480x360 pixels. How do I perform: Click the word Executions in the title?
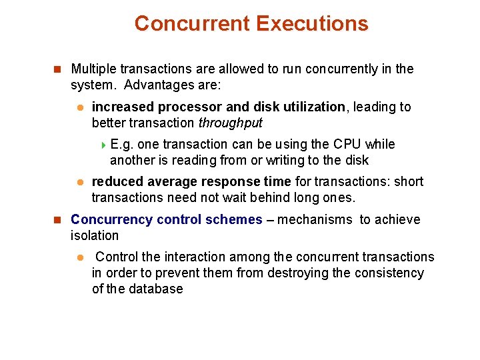pyautogui.click(x=311, y=24)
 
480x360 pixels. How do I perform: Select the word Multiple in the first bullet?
pyautogui.click(x=92, y=69)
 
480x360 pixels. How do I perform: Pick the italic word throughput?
pyautogui.click(x=231, y=123)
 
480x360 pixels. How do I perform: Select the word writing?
pyautogui.click(x=289, y=161)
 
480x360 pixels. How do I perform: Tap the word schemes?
pyautogui.click(x=238, y=220)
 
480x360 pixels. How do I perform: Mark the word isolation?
pyautogui.click(x=95, y=235)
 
